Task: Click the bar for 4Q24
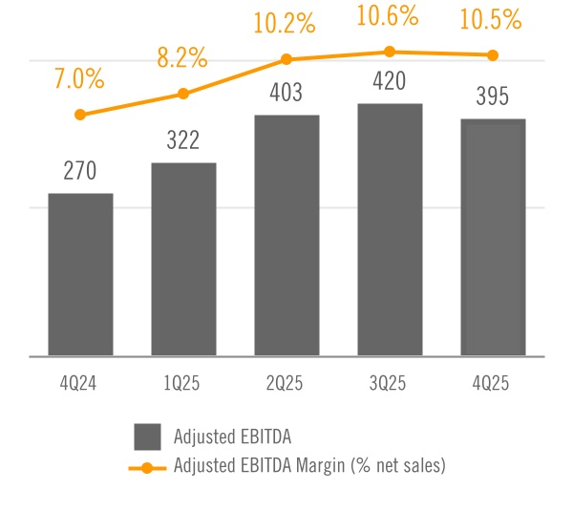pyautogui.click(x=80, y=275)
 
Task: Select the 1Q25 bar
pyautogui.click(x=183, y=260)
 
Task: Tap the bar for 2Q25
pyautogui.click(x=286, y=236)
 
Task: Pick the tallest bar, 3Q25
pyautogui.click(x=390, y=230)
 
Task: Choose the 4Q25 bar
pyautogui.click(x=493, y=238)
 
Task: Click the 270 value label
pyautogui.click(x=80, y=172)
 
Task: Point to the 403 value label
pyautogui.click(x=286, y=94)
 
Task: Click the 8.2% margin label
pyautogui.click(x=182, y=57)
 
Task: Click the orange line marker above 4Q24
pyautogui.click(x=80, y=115)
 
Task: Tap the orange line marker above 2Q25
pyautogui.click(x=286, y=59)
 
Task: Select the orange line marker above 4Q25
pyautogui.click(x=493, y=55)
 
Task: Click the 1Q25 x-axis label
pyautogui.click(x=183, y=384)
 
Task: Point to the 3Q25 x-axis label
pyautogui.click(x=390, y=384)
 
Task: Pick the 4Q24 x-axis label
pyautogui.click(x=80, y=384)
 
